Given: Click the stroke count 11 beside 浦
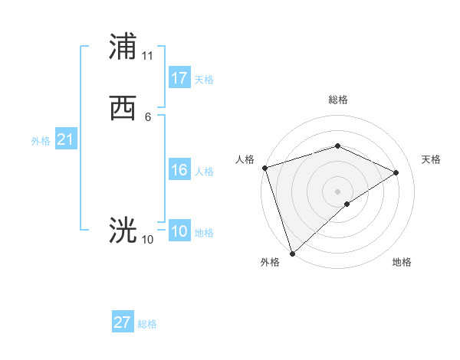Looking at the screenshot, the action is [x=148, y=56].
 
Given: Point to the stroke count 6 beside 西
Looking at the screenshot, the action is [x=148, y=117].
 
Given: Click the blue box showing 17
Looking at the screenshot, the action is [x=179, y=78].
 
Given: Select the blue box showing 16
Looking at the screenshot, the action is [x=179, y=170].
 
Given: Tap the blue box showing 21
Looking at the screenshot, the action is [x=65, y=140].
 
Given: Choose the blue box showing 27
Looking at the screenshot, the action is [x=123, y=322].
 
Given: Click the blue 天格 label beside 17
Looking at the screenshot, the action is [x=204, y=80].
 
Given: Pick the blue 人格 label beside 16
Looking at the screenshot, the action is [x=204, y=172].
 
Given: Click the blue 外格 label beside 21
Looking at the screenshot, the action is [x=41, y=141].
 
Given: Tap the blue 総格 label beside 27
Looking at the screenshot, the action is [x=147, y=324].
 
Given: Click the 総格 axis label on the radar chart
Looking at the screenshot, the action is [x=338, y=100].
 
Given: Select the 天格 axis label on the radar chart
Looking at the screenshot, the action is [x=432, y=159].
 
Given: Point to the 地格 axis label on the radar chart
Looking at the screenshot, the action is [x=402, y=262].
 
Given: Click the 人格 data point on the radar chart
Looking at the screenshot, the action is [x=264, y=168].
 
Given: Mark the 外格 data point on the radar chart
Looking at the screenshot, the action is [x=292, y=253].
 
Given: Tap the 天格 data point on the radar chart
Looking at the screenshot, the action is [x=396, y=172].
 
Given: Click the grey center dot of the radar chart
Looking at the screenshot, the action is [x=337, y=191].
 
